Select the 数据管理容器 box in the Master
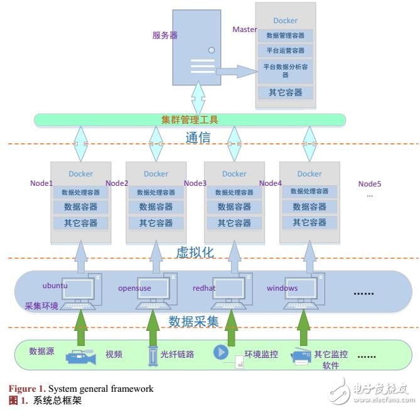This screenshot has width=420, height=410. click(x=285, y=36)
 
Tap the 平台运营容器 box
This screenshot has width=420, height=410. click(x=285, y=50)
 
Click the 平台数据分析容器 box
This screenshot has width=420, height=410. click(x=285, y=70)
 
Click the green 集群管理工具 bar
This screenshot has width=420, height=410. click(x=190, y=119)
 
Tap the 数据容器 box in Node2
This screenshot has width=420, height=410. click(x=156, y=207)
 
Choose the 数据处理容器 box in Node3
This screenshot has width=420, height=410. click(x=234, y=192)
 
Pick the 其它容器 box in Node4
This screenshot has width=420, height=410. click(x=310, y=222)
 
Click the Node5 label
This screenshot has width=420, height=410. click(x=370, y=184)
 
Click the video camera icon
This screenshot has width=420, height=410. click(x=80, y=356)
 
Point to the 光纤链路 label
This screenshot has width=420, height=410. click(x=178, y=354)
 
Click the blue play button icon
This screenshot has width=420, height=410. click(x=221, y=352)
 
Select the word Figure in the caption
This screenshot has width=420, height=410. click(x=21, y=389)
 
